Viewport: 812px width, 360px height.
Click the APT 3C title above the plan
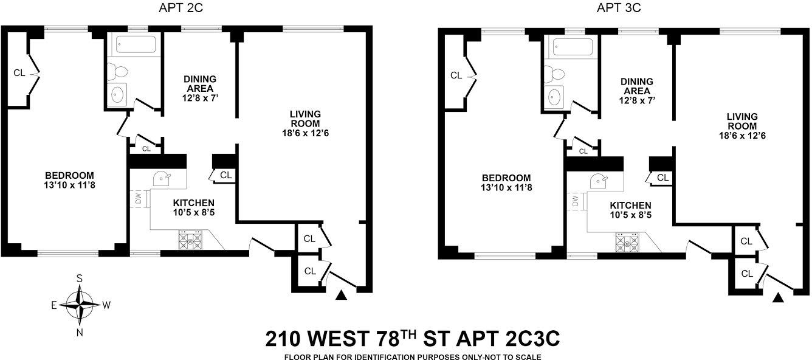[x=619, y=8]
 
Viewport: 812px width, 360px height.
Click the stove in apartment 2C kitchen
[x=191, y=240]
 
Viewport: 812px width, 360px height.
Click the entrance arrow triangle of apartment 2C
[x=342, y=295]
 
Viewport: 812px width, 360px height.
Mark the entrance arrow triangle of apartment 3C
[x=779, y=298]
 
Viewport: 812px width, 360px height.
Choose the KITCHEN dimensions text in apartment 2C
[x=193, y=213]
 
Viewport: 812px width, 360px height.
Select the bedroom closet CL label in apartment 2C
[x=19, y=73]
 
